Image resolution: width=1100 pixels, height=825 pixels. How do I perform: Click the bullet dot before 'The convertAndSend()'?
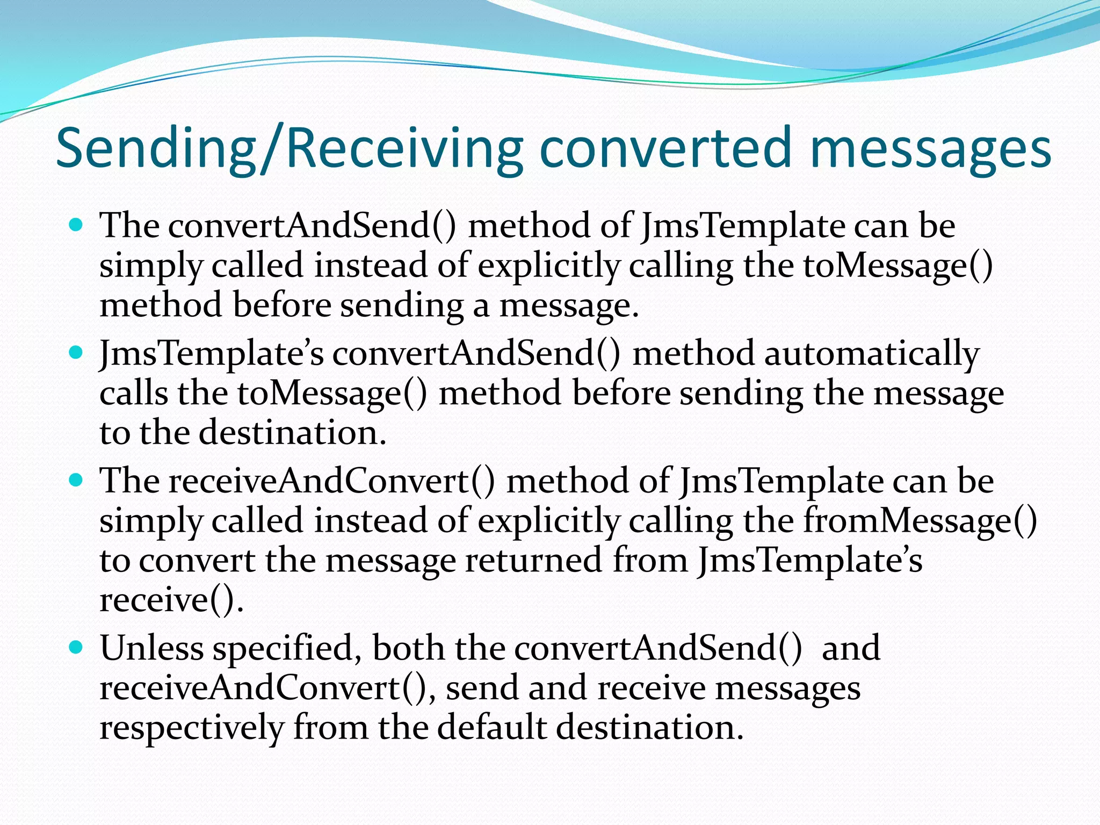coord(77,224)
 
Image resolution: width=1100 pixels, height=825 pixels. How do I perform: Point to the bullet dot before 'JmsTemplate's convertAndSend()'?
coord(77,352)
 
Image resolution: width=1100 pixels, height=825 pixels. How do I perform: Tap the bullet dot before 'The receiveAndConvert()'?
coord(77,479)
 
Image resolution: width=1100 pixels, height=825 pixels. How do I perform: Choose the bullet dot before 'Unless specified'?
coord(77,647)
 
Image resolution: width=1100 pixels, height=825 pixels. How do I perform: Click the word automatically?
coord(872,354)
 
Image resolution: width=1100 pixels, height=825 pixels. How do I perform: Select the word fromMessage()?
coord(920,520)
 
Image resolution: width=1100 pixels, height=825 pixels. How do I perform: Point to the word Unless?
coord(151,648)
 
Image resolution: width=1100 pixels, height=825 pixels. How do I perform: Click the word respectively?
coord(191,728)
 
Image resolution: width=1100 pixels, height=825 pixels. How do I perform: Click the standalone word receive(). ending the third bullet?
coord(171,600)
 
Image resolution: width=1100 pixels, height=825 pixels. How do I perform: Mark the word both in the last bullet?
coord(408,648)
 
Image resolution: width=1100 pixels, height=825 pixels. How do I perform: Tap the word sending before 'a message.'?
coord(401,306)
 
